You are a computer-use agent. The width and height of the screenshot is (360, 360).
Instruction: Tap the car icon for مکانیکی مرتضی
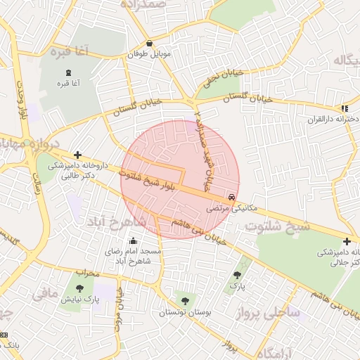232,197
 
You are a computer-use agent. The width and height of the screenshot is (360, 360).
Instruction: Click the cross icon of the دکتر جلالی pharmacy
347,241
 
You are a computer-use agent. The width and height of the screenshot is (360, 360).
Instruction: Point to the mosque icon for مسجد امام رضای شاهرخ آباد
133,241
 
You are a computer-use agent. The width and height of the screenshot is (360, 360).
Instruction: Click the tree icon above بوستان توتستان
185,301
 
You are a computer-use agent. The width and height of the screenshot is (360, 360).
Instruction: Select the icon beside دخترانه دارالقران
344,108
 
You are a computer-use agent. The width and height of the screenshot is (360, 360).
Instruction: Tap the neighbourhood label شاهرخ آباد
117,221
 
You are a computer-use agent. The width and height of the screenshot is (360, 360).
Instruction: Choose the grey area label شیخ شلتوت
277,226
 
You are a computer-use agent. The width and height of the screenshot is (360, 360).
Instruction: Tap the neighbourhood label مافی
44,289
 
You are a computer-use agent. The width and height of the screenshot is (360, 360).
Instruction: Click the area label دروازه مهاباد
22,144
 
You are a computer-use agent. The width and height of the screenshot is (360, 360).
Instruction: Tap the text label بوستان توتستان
184,312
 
